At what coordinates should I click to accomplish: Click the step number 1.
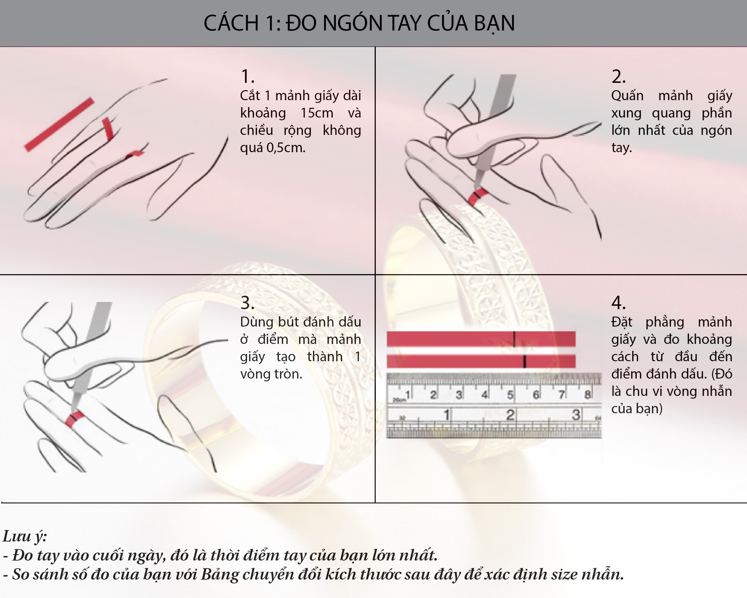247,77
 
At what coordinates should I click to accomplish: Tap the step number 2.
618,77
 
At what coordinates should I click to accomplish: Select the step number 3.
247,303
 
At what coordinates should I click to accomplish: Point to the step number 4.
618,303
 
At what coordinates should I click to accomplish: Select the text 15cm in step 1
317,113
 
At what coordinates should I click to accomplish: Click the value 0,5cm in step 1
286,148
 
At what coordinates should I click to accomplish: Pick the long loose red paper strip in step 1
59,124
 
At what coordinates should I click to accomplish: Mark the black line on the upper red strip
514,339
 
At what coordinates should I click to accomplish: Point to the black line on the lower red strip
525,361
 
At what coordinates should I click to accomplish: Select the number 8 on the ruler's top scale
587,395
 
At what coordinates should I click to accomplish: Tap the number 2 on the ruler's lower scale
510,415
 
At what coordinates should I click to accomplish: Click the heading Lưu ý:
25,536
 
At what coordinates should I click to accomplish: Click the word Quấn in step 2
627,96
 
